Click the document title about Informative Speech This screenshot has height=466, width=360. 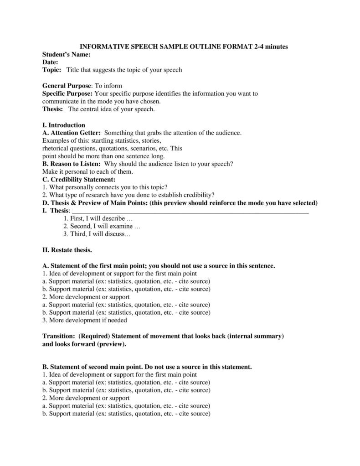(x=184, y=47)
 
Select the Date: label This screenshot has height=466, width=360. (x=50, y=62)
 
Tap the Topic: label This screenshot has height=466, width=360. (x=51, y=70)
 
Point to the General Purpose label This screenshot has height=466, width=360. (x=67, y=86)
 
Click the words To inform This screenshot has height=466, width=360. (x=108, y=86)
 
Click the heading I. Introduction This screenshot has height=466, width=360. (x=64, y=125)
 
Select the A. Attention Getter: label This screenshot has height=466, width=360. (x=72, y=133)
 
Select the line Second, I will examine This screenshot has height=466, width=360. (x=102, y=227)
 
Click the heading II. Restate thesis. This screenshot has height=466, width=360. (x=67, y=250)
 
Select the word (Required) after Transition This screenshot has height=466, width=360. (x=94, y=336)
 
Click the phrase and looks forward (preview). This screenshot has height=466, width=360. (x=84, y=344)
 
